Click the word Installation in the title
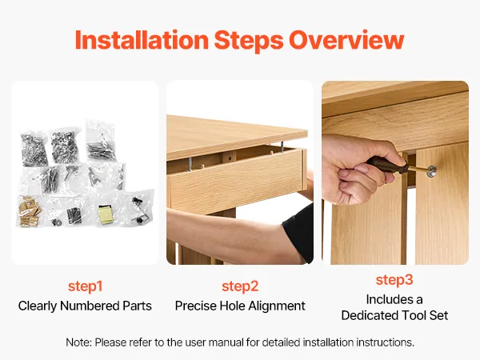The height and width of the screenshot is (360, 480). [x=142, y=40]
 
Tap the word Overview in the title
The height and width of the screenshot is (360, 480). [x=346, y=40]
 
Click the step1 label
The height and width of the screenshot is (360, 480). [x=85, y=286]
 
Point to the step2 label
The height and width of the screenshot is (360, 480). [x=240, y=286]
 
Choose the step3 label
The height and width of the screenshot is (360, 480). [x=394, y=280]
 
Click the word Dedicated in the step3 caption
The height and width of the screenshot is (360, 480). [x=369, y=315]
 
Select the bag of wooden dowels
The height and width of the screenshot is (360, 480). [x=29, y=211]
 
